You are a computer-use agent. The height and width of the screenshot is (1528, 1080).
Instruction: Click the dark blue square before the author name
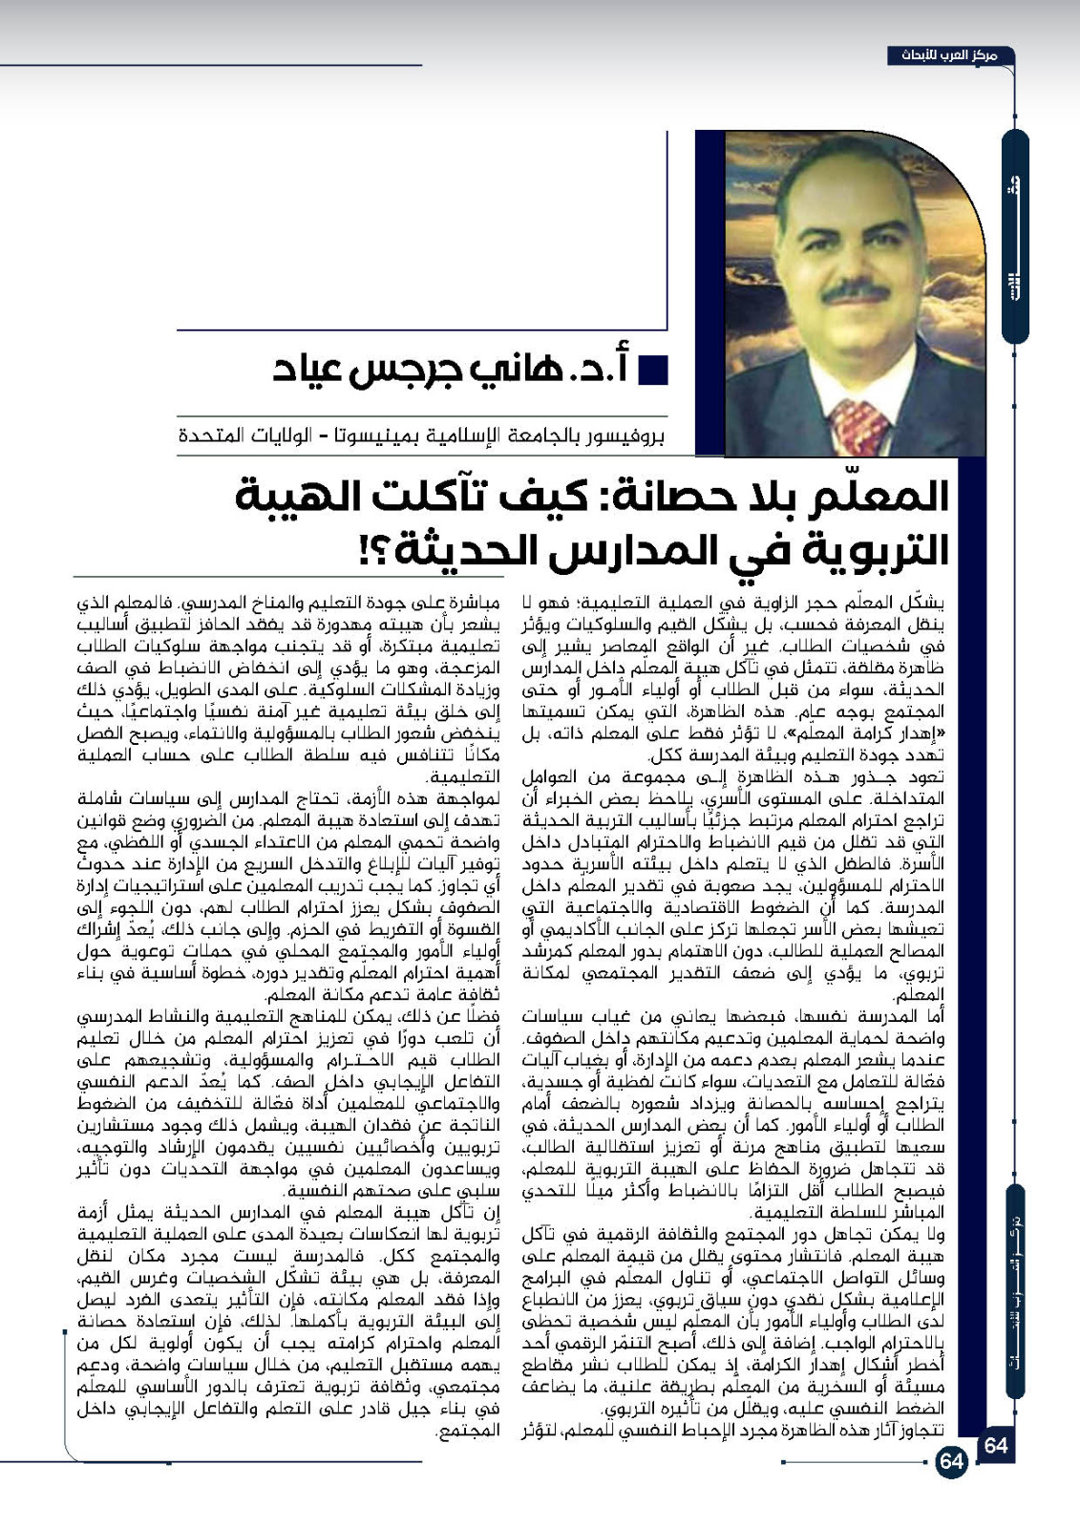coord(652,370)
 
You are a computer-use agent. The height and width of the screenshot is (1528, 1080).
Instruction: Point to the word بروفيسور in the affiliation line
coord(625,436)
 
